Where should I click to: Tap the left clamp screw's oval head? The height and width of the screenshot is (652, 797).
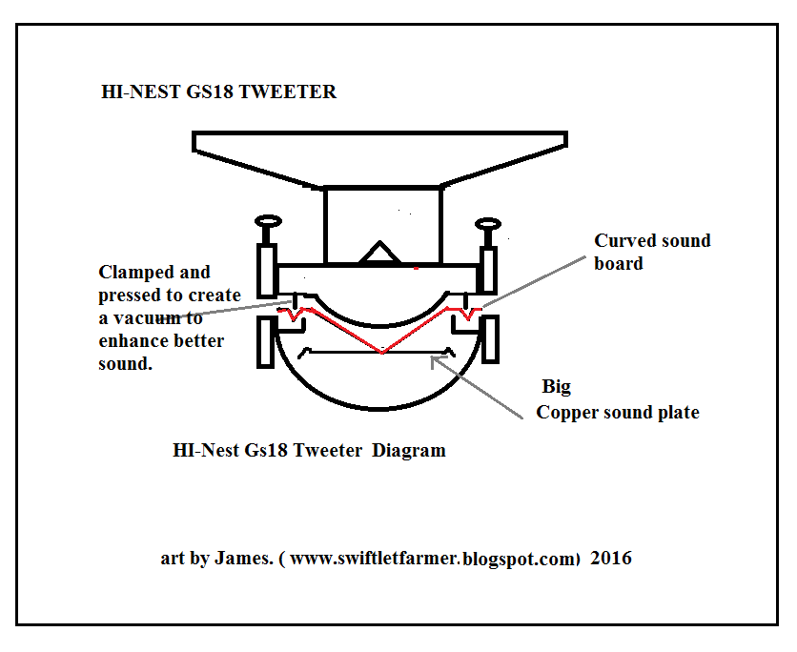[267, 222]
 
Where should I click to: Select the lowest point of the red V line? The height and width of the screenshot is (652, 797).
[381, 353]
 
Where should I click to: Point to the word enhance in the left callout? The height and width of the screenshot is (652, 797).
[131, 341]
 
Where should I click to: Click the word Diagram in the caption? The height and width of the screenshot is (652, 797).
[408, 450]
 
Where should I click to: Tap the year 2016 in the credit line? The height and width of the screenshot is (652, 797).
[610, 558]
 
